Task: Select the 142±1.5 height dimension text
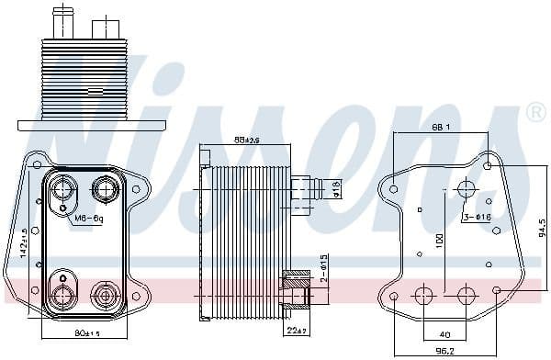pos(25,244)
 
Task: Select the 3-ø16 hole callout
pos(476,217)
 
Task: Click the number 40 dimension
pos(444,334)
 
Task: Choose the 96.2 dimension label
pos(444,351)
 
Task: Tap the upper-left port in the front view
pos(65,191)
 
